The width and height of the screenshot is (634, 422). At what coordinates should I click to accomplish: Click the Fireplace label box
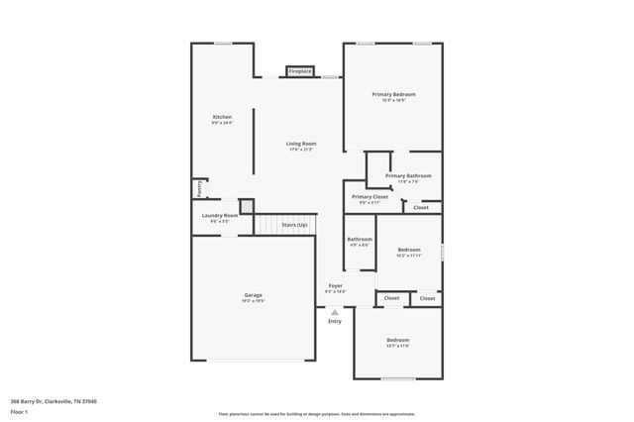(x=300, y=71)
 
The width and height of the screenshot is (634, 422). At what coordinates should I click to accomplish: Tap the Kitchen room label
(x=222, y=117)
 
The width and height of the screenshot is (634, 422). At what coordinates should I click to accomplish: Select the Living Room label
(x=300, y=144)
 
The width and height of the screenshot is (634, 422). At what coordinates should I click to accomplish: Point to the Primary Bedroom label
(x=393, y=94)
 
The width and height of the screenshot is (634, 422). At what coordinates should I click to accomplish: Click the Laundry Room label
(x=220, y=215)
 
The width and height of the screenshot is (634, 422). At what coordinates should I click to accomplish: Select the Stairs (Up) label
(x=294, y=225)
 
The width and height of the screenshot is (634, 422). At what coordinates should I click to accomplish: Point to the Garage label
(x=254, y=294)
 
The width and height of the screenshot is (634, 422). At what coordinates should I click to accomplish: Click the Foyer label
(x=336, y=286)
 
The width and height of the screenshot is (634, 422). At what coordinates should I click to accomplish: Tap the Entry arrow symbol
(x=335, y=312)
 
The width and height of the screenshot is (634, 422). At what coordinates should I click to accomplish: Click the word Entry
(x=335, y=321)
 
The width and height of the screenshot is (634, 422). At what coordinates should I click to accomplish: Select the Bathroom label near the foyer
(x=360, y=239)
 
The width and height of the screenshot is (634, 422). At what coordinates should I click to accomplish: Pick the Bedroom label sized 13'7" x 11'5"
(x=397, y=340)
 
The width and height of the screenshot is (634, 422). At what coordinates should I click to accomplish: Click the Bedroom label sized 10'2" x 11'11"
(x=409, y=250)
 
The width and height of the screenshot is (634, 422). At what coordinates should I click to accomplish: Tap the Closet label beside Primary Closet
(x=421, y=207)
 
